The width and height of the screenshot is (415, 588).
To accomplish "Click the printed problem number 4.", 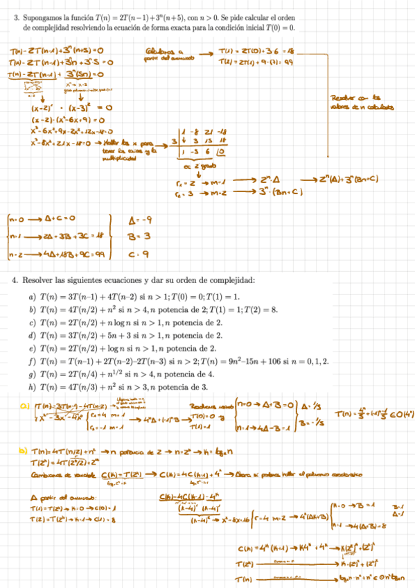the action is (15, 281).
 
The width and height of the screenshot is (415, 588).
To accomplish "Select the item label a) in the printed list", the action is (32, 297).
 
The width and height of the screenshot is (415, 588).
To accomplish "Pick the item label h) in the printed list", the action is (32, 386).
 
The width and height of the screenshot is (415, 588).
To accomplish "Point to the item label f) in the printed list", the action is (32, 361).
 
